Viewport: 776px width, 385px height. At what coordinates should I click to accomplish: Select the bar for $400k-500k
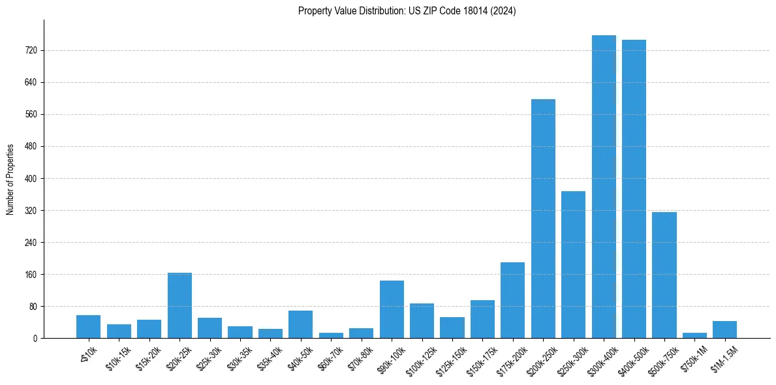[634, 189]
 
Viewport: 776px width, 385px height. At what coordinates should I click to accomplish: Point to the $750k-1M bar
[694, 335]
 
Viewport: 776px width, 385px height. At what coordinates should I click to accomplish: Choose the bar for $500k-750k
[664, 275]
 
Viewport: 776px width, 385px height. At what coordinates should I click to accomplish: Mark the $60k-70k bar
[331, 335]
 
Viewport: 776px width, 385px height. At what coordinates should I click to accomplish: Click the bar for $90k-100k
[392, 309]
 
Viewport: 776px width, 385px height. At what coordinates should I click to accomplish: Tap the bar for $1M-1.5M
[724, 330]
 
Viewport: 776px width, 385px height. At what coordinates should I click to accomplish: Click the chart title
[407, 11]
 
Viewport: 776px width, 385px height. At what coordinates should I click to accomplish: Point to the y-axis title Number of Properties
[10, 179]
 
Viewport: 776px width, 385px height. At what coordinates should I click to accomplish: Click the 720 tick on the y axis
[31, 50]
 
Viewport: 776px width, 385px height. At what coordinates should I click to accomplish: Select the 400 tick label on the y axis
[31, 178]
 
